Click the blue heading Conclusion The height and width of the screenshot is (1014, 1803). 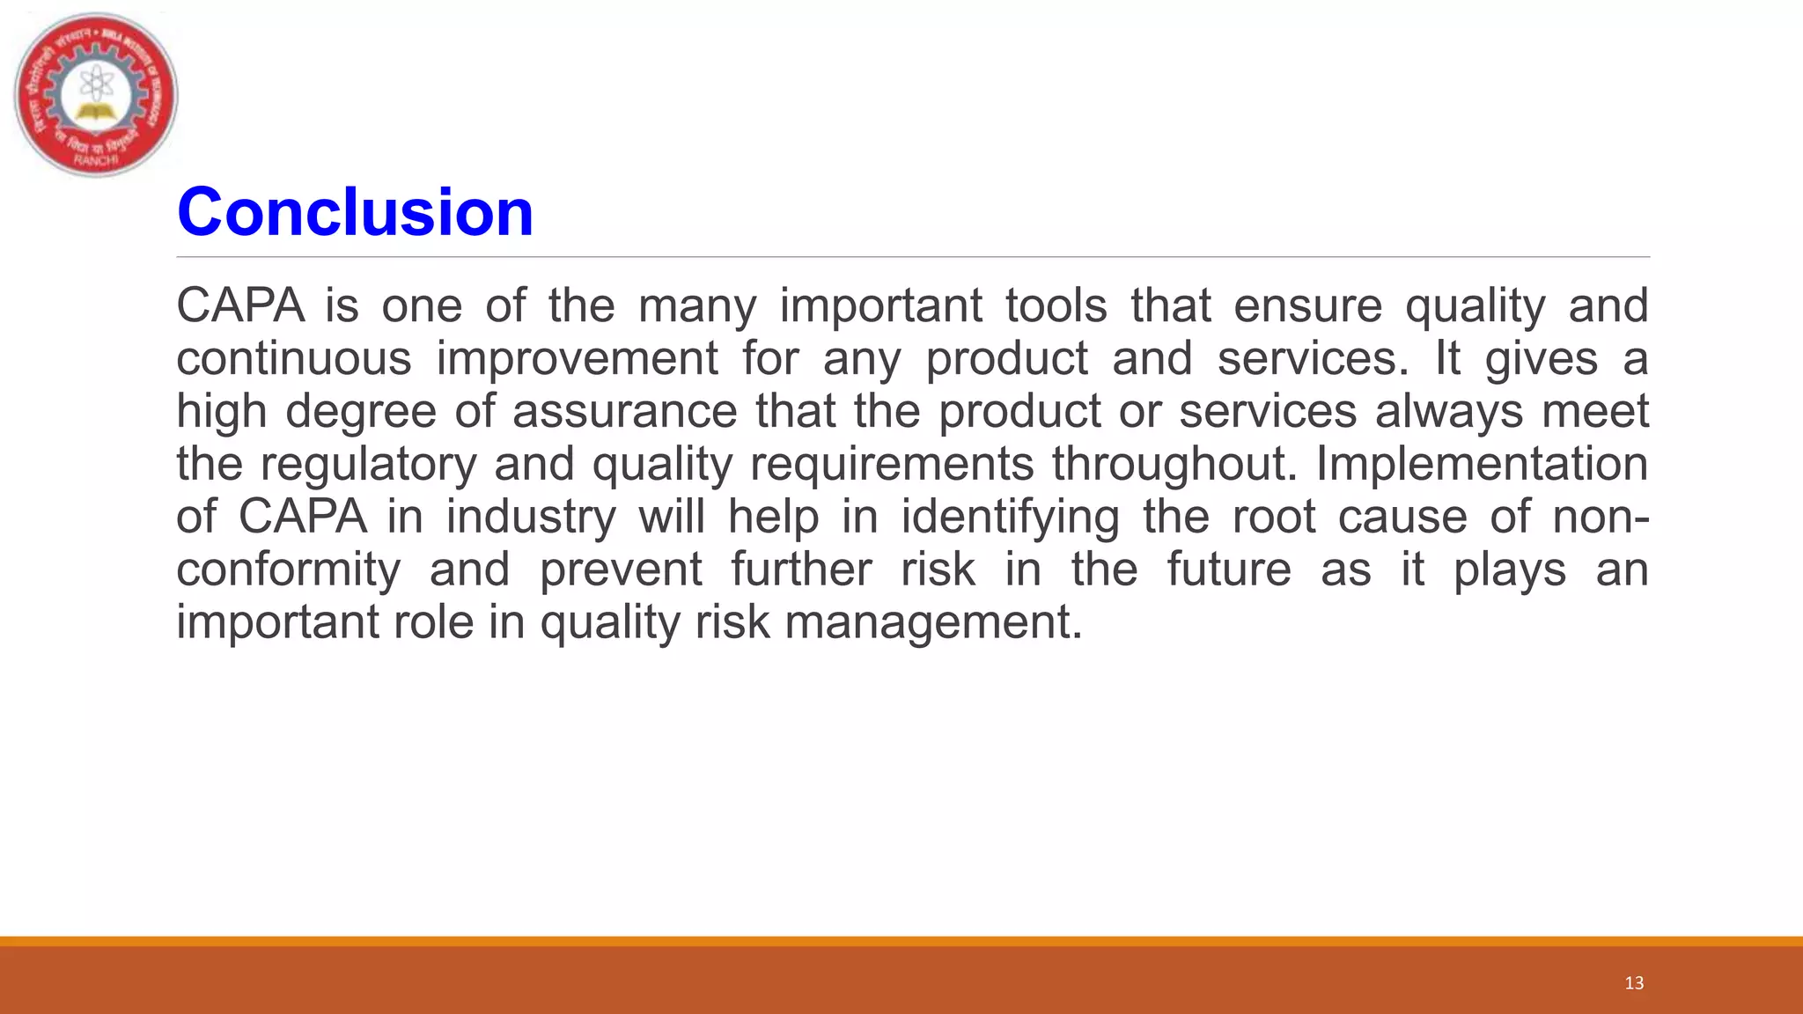[x=355, y=213]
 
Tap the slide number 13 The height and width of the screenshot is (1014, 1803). [x=1634, y=983]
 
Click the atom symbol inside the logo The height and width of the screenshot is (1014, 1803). [x=94, y=85]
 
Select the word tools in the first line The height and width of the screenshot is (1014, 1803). [x=1056, y=306]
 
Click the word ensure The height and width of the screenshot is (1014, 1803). [x=1307, y=306]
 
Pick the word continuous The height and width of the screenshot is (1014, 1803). [x=294, y=359]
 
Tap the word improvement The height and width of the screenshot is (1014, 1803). [x=577, y=359]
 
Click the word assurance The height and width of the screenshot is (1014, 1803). [x=625, y=412]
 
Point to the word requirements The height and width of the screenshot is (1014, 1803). [x=892, y=465]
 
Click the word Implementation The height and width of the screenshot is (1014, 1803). [x=1482, y=465]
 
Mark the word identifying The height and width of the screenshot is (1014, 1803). [x=1010, y=518]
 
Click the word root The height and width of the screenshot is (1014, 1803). [x=1273, y=518]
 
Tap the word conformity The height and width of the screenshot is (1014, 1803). [x=289, y=570]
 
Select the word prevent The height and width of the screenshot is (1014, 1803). [x=621, y=570]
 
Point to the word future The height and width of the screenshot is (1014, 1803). [x=1229, y=570]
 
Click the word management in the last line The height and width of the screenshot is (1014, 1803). [x=932, y=623]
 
